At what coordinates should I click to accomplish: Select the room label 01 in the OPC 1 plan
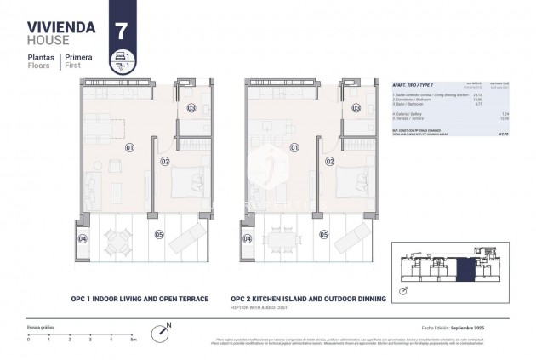[129, 147]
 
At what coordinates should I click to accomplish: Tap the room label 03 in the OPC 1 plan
[191, 108]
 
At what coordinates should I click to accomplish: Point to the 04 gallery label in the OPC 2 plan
[247, 239]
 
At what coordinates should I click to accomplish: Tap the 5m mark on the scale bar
[132, 338]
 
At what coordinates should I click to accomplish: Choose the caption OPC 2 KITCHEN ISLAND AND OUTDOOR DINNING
[308, 299]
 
